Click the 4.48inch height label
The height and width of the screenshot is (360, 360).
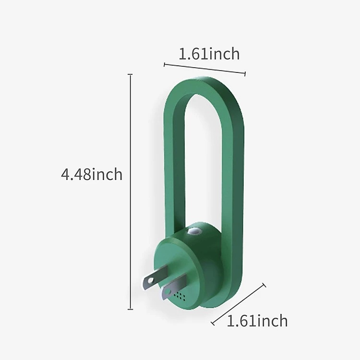click(x=92, y=174)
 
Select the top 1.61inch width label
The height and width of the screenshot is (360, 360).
click(x=209, y=54)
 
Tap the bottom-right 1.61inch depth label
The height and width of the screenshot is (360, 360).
click(x=257, y=321)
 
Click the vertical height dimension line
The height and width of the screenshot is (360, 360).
click(x=131, y=192)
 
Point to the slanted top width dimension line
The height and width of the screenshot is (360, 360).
click(x=204, y=69)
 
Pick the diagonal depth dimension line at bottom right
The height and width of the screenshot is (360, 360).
click(x=238, y=304)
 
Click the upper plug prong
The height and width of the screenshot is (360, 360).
click(x=156, y=276)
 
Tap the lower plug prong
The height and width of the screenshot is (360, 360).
click(x=174, y=287)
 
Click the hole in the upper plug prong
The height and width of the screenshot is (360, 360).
click(x=150, y=281)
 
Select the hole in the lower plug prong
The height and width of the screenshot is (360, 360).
click(x=168, y=292)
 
